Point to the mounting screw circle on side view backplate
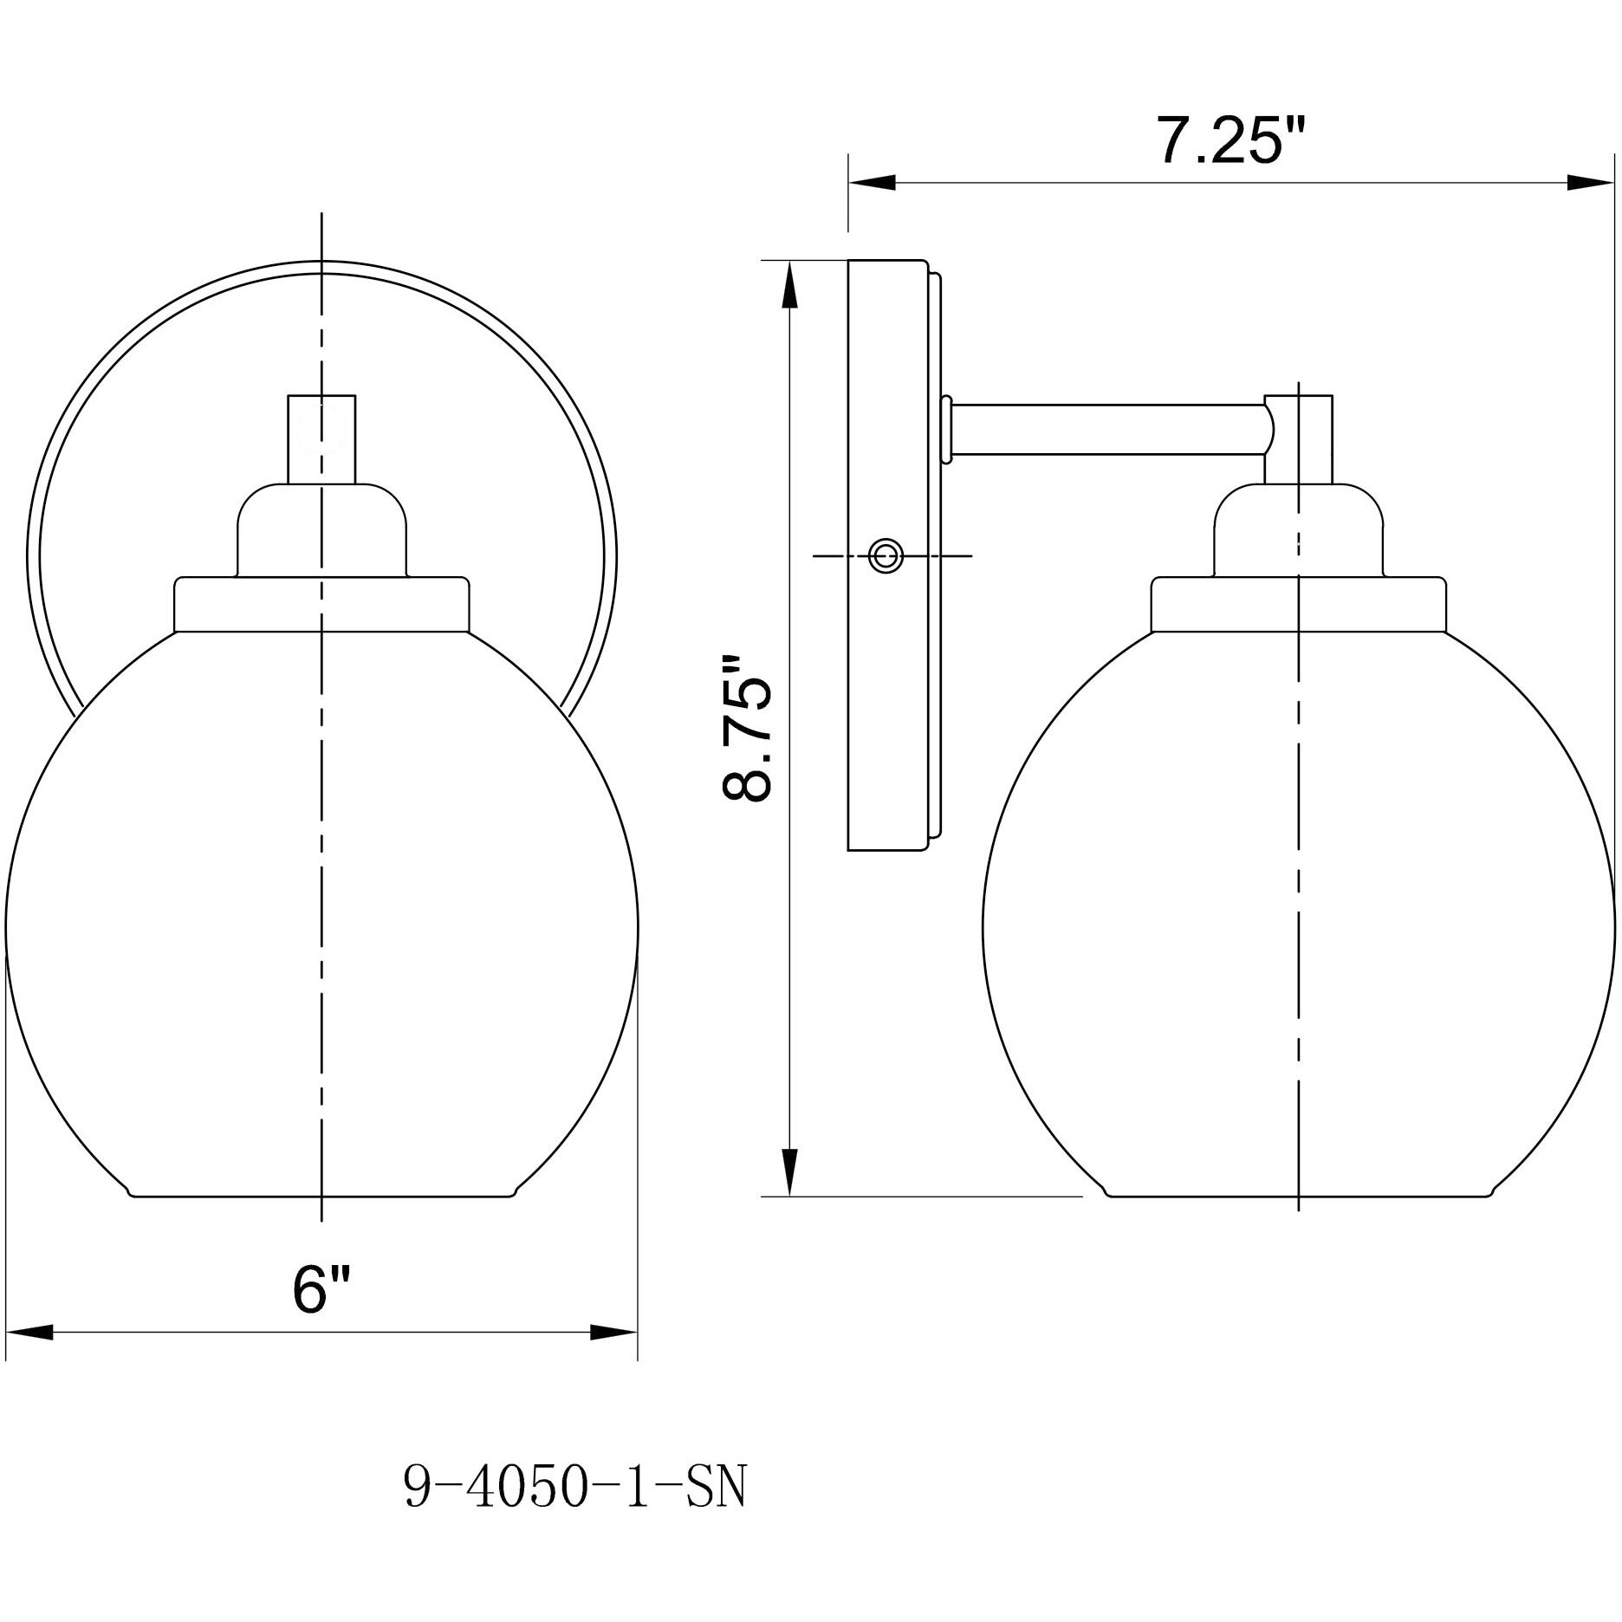(886, 555)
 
